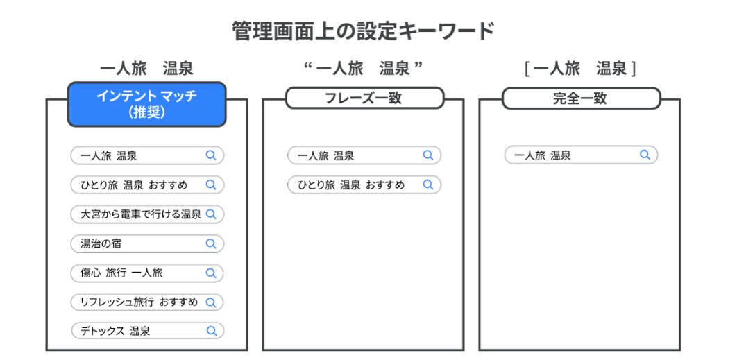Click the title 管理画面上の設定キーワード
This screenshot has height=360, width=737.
coord(364,31)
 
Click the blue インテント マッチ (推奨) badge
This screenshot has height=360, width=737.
coord(146,104)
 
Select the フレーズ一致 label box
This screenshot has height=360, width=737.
coord(364,98)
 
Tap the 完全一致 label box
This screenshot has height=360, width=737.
coord(581,98)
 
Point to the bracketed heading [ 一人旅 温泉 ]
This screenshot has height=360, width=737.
coord(580,69)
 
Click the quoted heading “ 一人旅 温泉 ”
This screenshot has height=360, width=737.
coord(364,69)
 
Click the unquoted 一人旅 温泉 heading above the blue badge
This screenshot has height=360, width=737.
coord(146,69)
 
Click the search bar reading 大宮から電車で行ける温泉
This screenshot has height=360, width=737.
coord(147,214)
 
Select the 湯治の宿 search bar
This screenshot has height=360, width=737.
coord(147,243)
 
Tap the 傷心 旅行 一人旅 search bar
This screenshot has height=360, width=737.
coord(147,273)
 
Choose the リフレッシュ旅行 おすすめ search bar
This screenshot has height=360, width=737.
coord(147,302)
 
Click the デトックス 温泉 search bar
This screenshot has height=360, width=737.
coord(147,331)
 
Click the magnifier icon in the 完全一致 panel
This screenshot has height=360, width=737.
coord(645,155)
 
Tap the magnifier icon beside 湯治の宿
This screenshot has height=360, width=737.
coord(211,243)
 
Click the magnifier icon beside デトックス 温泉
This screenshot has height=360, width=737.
coord(212,331)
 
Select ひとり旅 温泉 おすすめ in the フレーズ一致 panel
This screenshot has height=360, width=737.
coord(364,185)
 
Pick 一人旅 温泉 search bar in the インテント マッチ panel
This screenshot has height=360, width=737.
coord(147,155)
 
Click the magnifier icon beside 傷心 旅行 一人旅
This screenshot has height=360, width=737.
coord(211,273)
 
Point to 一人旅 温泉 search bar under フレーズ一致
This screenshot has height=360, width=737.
coord(364,155)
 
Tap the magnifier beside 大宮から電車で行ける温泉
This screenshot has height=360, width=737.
coord(211,214)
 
